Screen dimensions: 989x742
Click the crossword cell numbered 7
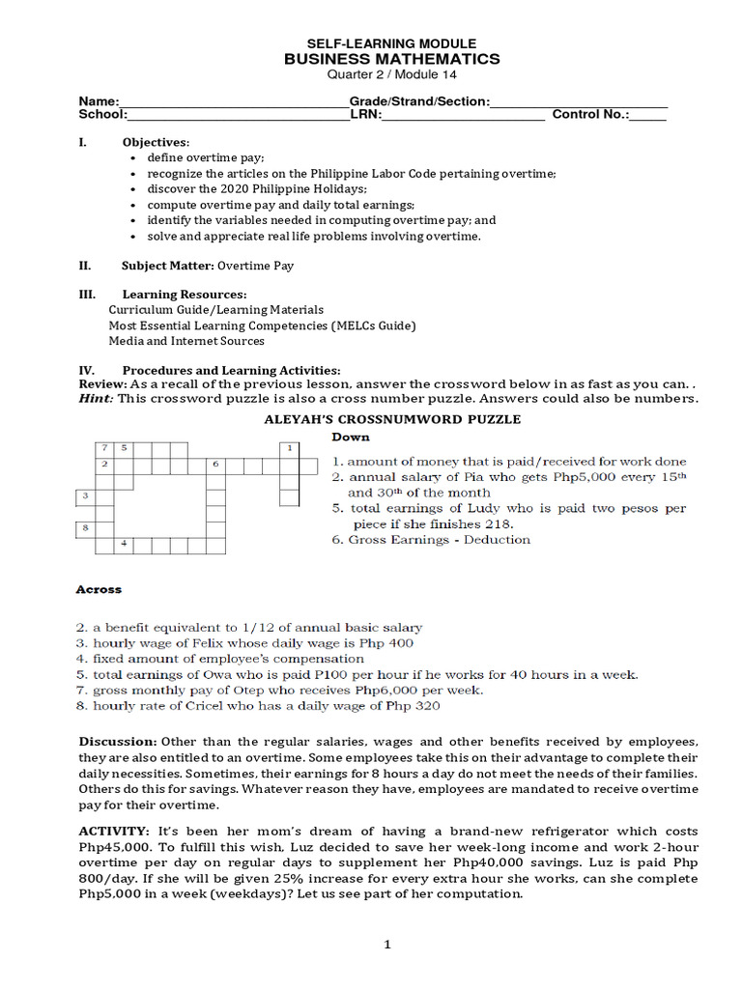[x=103, y=448]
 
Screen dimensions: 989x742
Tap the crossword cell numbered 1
[x=289, y=448]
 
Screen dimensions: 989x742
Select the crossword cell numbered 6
[x=215, y=465]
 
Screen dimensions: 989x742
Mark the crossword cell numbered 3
[x=85, y=496]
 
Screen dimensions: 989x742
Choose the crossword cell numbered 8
[x=85, y=528]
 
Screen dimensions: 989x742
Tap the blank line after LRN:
[x=464, y=116]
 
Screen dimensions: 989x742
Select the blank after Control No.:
[x=648, y=116]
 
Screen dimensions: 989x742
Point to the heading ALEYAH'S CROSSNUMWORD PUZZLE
[x=392, y=419]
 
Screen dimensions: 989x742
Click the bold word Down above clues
[x=351, y=438]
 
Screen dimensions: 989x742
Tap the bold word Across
[x=99, y=588]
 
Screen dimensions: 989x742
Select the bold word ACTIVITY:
[x=113, y=832]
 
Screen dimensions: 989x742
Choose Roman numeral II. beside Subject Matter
[x=85, y=265]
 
